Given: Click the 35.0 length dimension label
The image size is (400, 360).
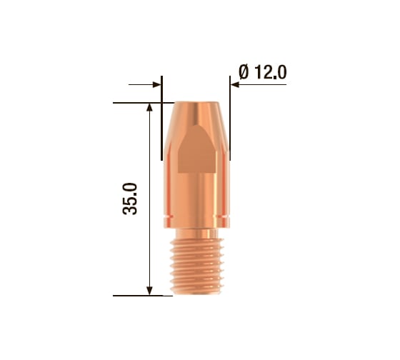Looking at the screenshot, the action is click(130, 199).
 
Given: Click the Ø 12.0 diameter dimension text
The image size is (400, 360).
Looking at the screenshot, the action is click(263, 72).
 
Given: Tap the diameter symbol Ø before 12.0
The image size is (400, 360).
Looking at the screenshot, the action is click(244, 72).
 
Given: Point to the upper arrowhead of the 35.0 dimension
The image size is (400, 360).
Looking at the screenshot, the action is click(150, 107).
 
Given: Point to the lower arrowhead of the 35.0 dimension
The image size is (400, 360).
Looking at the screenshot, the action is click(150, 291).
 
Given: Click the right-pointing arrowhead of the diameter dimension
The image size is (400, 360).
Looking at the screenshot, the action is click(156, 84).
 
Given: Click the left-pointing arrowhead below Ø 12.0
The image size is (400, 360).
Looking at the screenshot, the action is click(235, 84).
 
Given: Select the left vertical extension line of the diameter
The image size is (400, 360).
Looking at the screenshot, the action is click(161, 118).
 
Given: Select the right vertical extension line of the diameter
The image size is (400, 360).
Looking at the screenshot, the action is click(230, 118).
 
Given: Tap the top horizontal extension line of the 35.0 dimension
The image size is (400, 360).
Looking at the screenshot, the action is click(144, 103).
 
